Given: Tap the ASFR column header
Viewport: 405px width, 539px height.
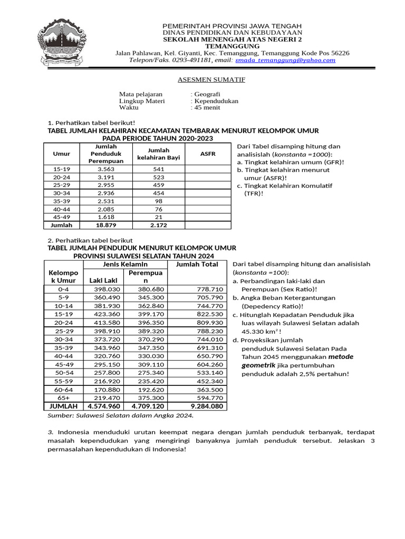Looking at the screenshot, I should tap(208, 154).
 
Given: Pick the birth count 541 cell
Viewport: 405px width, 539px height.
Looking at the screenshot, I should tap(159, 169).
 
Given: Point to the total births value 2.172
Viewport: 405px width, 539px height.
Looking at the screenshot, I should tap(159, 225).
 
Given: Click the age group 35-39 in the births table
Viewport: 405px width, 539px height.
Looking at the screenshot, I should tap(62, 202).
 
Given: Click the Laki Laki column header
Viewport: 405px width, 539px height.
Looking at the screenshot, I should tap(103, 280).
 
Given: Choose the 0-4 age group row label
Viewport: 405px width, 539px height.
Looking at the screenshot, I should tap(63, 289).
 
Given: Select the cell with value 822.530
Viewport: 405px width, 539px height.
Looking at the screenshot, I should tap(210, 314).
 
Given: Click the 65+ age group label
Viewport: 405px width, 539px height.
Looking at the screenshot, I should tap(63, 398).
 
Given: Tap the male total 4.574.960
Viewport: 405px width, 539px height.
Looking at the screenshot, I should tap(104, 406).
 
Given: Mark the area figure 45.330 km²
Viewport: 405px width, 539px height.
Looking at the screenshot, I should tap(261, 332).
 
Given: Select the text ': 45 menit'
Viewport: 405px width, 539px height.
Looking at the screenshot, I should tap(206, 107).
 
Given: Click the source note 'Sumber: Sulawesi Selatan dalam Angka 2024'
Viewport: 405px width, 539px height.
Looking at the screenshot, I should tap(121, 415).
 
